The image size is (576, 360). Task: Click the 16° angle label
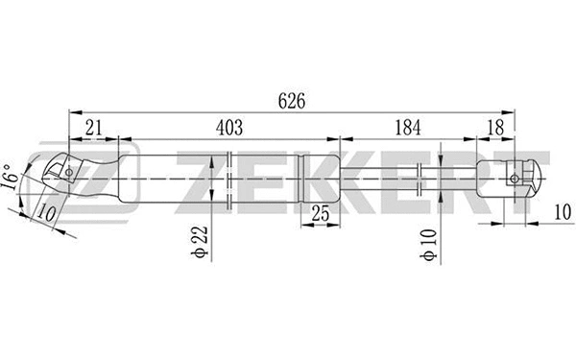11,181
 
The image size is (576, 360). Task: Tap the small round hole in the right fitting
516,178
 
